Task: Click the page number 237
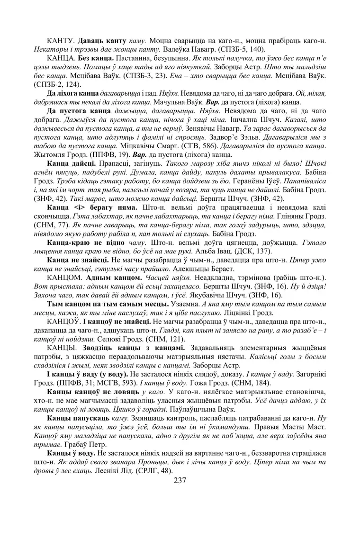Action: (x=180, y=480)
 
